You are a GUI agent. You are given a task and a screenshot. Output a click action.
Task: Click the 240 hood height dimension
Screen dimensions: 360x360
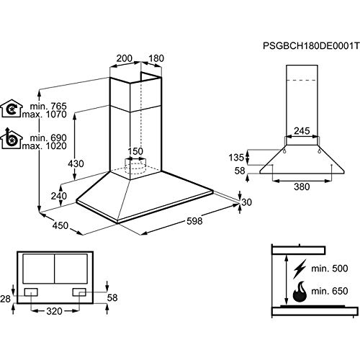59,197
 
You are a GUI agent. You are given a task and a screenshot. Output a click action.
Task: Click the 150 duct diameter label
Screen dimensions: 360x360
135,151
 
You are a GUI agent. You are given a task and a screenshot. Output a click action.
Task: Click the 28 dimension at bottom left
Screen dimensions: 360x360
6,298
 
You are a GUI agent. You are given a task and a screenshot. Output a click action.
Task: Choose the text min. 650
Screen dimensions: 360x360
330,293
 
